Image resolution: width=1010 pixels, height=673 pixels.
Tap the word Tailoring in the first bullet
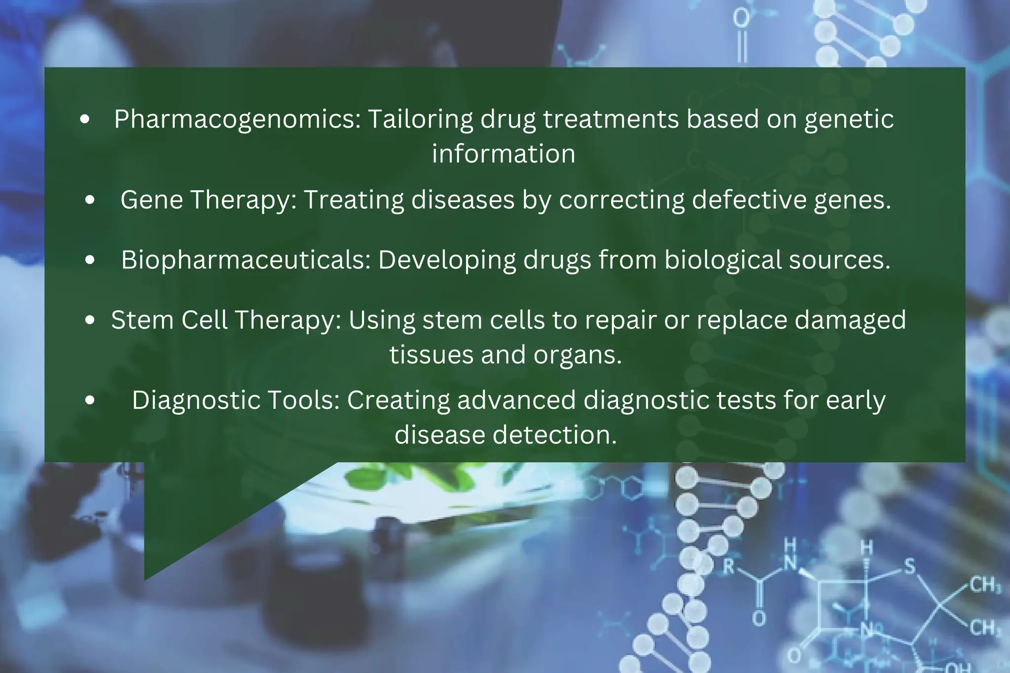(x=420, y=119)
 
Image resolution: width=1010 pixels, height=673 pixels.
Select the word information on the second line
(x=504, y=154)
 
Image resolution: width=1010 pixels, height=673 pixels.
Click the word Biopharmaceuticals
(x=246, y=260)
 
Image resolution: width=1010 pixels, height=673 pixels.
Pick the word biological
(x=722, y=260)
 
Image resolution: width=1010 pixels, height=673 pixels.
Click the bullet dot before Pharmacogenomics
(x=85, y=119)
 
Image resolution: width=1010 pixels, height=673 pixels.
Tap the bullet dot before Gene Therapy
(x=90, y=200)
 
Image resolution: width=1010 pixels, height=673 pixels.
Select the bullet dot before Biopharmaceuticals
(x=90, y=260)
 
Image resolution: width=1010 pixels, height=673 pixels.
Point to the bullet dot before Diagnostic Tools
(x=90, y=400)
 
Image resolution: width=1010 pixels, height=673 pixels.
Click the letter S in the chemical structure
(x=909, y=567)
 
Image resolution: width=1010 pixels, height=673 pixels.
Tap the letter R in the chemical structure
(x=729, y=567)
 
